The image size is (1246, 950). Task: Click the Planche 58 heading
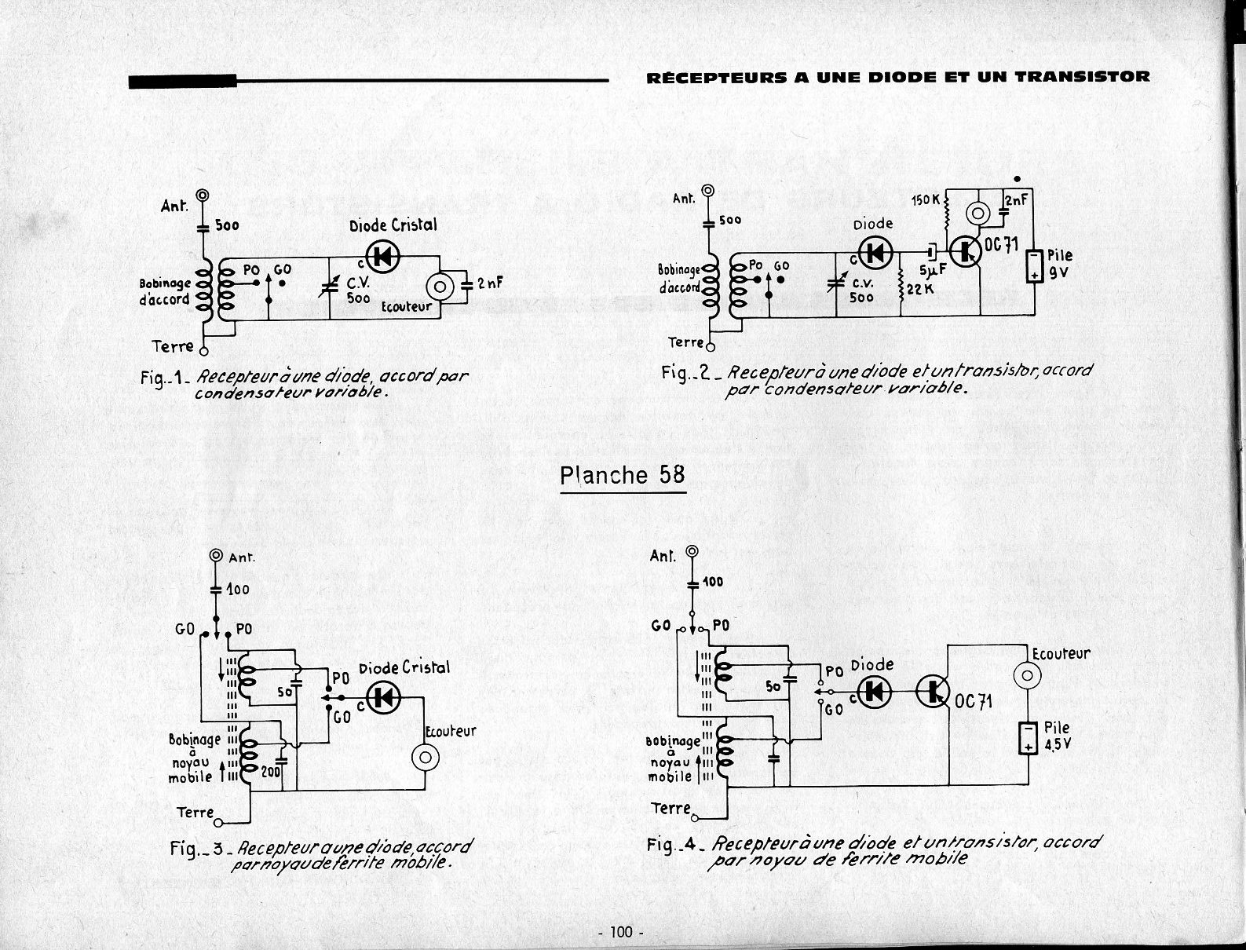(x=622, y=475)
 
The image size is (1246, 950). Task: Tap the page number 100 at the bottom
(x=620, y=932)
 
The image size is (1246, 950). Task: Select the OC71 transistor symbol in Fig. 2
(x=966, y=251)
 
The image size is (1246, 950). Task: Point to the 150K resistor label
(x=925, y=199)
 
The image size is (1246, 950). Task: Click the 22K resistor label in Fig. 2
(x=919, y=289)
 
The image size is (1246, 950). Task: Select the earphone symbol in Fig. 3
(x=425, y=757)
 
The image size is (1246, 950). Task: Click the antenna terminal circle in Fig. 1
(x=203, y=195)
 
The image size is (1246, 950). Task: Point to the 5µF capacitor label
(x=933, y=272)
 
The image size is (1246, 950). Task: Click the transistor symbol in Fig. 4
(x=934, y=690)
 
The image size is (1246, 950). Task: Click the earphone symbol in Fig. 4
(x=1027, y=674)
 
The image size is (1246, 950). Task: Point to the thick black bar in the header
(x=182, y=80)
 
